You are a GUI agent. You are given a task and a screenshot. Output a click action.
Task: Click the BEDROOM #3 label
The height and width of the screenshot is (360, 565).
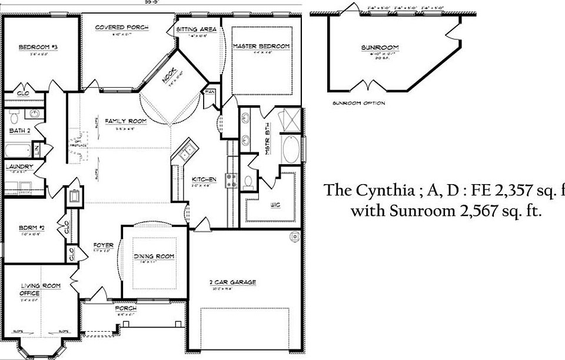tap(37, 47)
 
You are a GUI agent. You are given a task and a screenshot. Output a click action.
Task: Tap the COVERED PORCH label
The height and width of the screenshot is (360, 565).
tap(122, 28)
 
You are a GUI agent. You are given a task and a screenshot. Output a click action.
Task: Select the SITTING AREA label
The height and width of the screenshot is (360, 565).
tap(197, 29)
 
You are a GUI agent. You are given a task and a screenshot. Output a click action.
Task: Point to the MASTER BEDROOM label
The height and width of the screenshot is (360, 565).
tap(261, 46)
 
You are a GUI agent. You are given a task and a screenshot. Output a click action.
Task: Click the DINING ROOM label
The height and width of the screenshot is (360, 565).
tap(154, 256)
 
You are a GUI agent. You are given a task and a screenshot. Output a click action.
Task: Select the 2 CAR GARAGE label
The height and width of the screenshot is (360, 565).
tap(234, 282)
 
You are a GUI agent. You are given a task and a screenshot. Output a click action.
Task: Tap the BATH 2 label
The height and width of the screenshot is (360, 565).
tap(19, 130)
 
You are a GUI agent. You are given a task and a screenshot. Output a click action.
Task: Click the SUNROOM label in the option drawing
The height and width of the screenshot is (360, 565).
tap(380, 48)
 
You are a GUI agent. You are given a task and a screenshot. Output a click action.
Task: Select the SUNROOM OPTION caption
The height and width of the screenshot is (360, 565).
tap(358, 104)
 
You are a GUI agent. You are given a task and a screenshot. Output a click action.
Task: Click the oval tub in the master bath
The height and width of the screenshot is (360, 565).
tap(291, 150)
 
